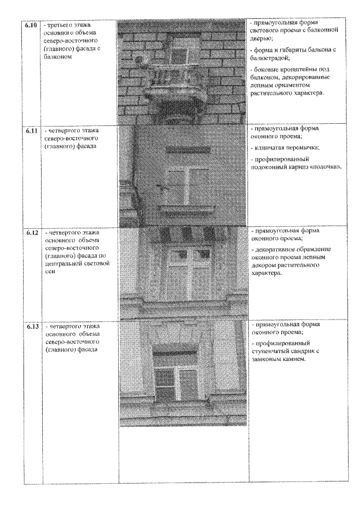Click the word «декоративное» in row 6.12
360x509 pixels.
coord(277,249)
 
